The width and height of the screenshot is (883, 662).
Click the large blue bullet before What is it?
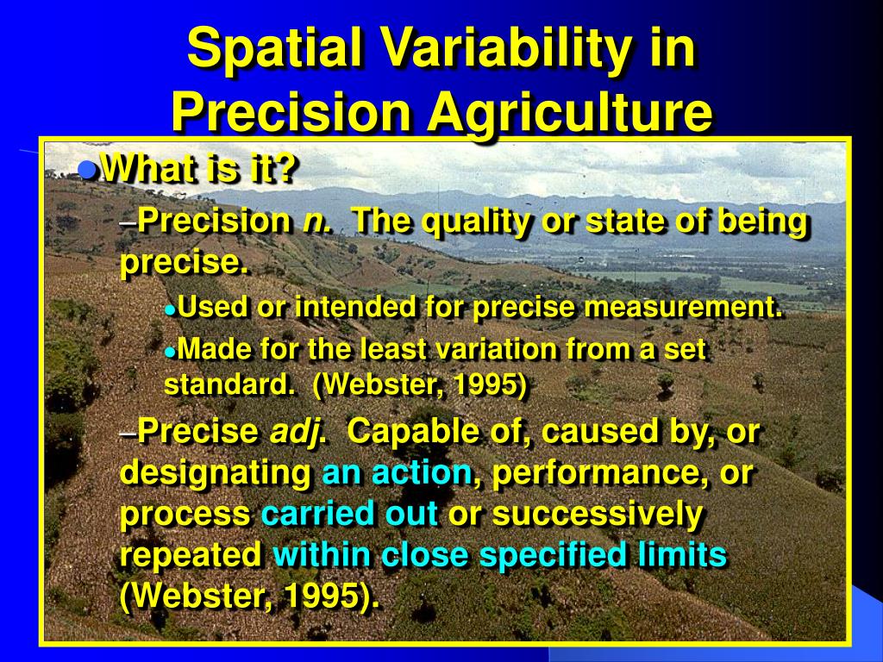(89, 169)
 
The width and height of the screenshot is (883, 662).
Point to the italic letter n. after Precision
(317, 221)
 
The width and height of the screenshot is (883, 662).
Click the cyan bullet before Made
(170, 352)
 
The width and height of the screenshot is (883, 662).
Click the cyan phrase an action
(397, 473)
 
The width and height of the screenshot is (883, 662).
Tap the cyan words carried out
(350, 514)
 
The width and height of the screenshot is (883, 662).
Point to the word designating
(216, 474)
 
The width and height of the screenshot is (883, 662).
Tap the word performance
(595, 474)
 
